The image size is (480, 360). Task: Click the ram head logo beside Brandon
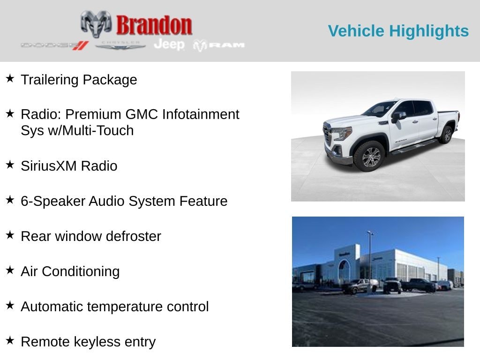tap(96, 24)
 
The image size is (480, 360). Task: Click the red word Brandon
tap(154, 25)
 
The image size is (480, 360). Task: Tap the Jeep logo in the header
tap(169, 45)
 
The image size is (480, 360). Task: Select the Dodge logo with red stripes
tap(55, 45)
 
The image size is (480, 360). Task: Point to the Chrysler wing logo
tap(120, 45)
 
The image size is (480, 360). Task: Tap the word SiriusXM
tap(49, 166)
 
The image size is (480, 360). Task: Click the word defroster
tap(134, 236)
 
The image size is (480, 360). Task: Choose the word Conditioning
tap(81, 272)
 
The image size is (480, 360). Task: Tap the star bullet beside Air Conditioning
tap(10, 270)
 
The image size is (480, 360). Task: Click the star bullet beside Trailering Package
tap(10, 78)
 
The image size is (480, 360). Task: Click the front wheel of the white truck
tap(370, 157)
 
